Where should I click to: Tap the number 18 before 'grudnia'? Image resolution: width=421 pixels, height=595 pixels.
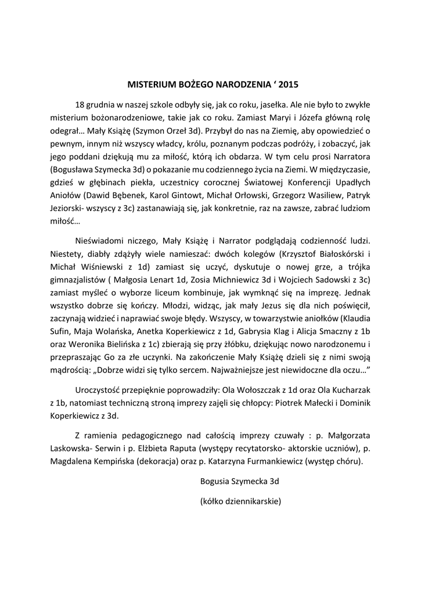pos(81,105)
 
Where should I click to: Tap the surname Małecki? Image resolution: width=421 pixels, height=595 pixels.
pos(316,403)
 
